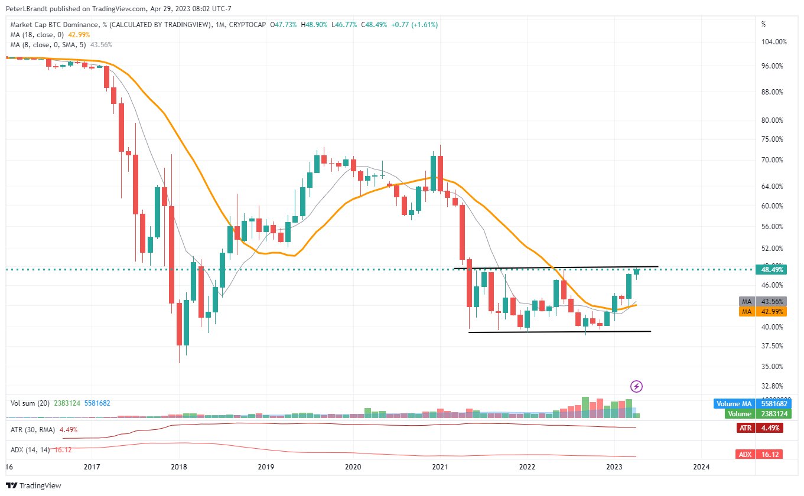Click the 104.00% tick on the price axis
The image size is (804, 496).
(x=774, y=42)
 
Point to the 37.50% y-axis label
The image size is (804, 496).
(x=772, y=346)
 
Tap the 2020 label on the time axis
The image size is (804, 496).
(x=353, y=466)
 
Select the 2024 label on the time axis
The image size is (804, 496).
(x=701, y=466)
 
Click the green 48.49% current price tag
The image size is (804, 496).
(x=773, y=270)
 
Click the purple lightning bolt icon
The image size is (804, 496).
(x=636, y=386)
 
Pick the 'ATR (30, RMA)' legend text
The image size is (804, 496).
(x=33, y=430)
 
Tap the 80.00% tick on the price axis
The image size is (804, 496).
(x=772, y=120)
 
